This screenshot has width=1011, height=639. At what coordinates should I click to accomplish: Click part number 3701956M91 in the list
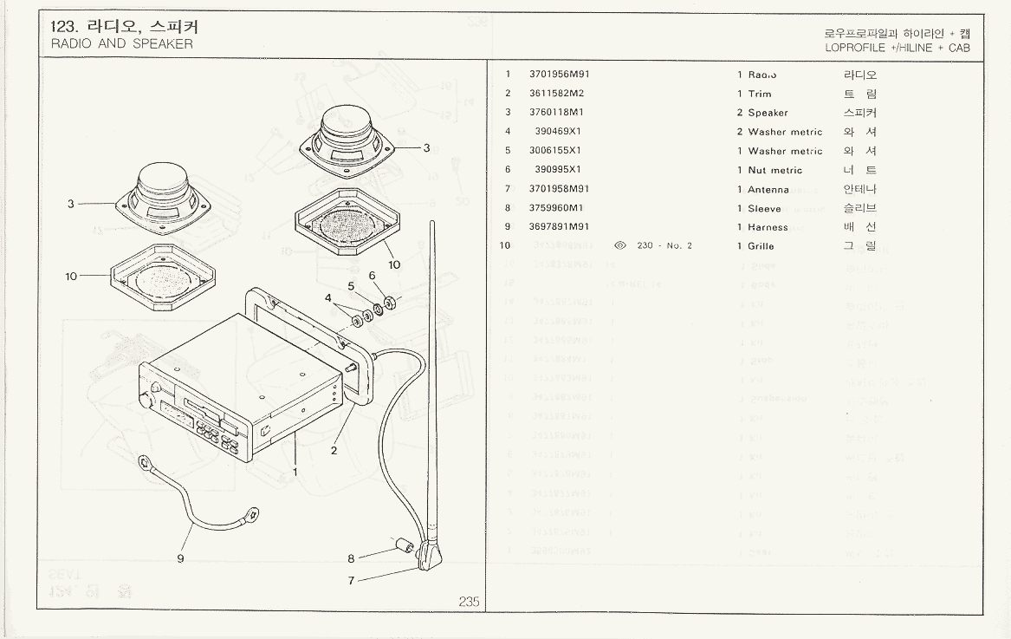559,75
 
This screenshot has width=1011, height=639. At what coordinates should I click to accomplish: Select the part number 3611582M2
556,94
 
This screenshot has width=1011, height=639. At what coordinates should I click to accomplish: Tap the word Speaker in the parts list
768,113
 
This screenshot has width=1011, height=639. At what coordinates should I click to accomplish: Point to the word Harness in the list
768,227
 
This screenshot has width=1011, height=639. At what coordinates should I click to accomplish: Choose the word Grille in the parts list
761,246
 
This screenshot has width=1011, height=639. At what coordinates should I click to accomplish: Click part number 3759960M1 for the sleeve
556,208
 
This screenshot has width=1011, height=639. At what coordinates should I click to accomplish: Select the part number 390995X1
558,170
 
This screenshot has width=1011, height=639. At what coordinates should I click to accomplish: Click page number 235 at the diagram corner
469,602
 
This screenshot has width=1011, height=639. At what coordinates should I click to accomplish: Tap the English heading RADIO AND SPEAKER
122,44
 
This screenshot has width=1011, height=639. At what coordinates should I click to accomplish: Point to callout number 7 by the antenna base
351,581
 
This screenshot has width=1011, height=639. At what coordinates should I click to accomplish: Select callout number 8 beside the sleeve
351,558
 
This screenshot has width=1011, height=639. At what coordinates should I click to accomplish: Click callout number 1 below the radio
295,473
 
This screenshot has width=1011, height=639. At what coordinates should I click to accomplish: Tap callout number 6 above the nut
373,276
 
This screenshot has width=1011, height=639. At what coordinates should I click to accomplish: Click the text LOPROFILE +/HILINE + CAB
897,49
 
